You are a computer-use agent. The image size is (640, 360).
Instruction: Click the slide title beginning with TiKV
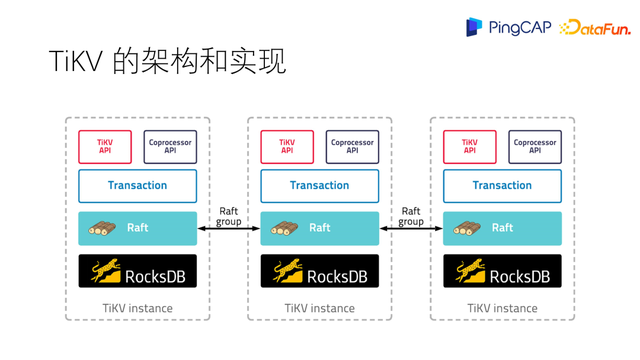168,61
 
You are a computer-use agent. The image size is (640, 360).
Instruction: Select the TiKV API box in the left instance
105,146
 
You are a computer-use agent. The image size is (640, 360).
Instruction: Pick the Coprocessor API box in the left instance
170,146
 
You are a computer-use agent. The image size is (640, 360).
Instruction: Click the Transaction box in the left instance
138,186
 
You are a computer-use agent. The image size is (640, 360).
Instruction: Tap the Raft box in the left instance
138,228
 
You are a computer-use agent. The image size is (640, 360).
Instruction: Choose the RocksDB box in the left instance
138,271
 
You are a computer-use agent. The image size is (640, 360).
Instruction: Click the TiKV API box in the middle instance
287,146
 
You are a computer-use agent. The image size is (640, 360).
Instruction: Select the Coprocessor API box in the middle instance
352,146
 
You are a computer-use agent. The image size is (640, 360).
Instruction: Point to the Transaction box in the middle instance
320,186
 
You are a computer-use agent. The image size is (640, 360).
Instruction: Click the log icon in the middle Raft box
285,228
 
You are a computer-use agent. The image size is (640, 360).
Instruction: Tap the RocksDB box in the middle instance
320,271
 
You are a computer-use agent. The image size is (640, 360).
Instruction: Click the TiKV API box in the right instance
470,146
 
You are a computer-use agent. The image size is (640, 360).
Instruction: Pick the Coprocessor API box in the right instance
535,146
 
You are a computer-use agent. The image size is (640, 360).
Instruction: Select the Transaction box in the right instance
502,186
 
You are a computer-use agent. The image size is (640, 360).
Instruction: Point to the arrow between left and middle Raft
229,229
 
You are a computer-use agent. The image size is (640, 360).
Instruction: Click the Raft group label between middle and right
411,216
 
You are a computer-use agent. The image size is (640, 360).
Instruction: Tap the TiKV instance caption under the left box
138,308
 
